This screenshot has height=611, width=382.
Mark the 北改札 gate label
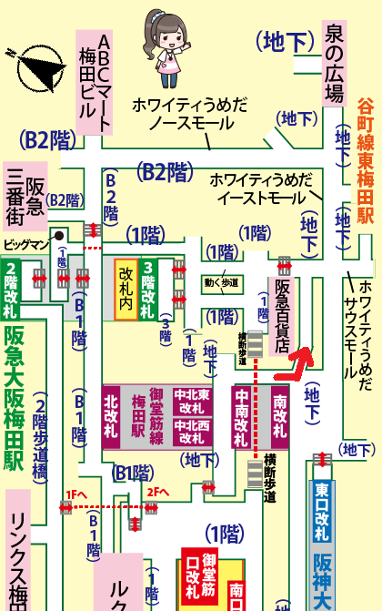pos(111,414)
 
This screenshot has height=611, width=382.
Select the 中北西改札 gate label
pos(193,429)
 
